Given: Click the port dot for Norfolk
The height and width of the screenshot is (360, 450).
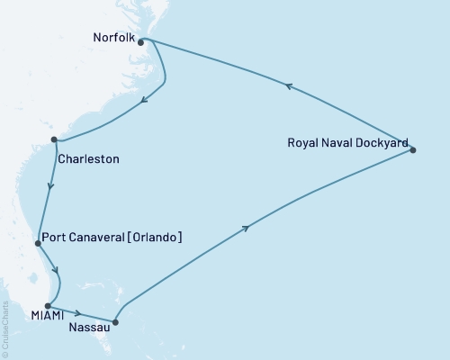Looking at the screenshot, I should pos(141,41).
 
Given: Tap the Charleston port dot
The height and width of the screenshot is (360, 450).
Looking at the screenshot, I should pos(55,139).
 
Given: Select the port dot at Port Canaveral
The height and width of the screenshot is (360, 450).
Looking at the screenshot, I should pos(37,243).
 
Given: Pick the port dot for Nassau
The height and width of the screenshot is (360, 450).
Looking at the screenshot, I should pos(115,321).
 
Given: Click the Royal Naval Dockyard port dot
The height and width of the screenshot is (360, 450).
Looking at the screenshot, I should pos(413,149).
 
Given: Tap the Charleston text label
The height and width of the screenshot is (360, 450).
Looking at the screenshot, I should pos(87,159).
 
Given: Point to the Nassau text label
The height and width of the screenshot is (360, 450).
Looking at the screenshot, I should pos(88,327).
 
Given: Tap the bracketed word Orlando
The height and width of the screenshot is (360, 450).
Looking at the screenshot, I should pos(157,238).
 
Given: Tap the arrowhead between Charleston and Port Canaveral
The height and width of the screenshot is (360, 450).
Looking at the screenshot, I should pos(49,189).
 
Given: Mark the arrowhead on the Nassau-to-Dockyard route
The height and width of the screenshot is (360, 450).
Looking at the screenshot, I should pos(246,229).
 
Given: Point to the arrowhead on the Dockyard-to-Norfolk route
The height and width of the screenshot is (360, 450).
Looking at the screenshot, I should pos(288,86).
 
